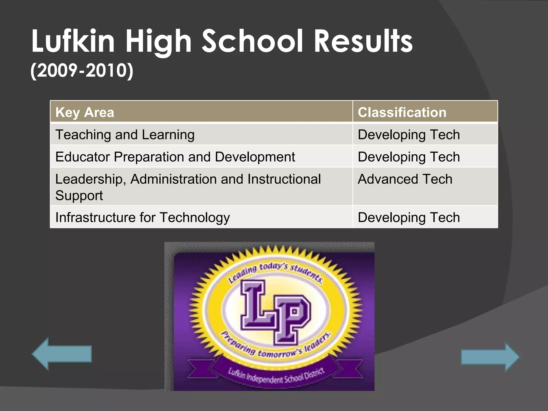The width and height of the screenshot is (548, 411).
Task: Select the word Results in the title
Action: click(x=363, y=41)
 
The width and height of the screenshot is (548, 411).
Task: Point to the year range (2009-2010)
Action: click(x=82, y=71)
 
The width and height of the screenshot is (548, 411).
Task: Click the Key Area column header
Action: click(x=85, y=112)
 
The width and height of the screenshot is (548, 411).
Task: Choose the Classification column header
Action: click(x=402, y=112)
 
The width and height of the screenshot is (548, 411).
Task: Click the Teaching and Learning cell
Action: click(x=125, y=135)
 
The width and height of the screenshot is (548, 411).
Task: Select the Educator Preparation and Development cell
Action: click(x=175, y=157)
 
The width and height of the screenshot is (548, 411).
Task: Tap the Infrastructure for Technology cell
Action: click(x=142, y=217)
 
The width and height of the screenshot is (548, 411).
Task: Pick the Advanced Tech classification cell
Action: click(x=405, y=179)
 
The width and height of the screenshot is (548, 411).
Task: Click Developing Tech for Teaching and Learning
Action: click(x=409, y=135)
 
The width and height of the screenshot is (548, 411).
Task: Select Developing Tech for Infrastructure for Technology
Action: click(x=409, y=217)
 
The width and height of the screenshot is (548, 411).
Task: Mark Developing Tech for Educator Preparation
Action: click(x=409, y=157)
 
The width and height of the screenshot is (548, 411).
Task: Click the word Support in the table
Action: click(x=79, y=196)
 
